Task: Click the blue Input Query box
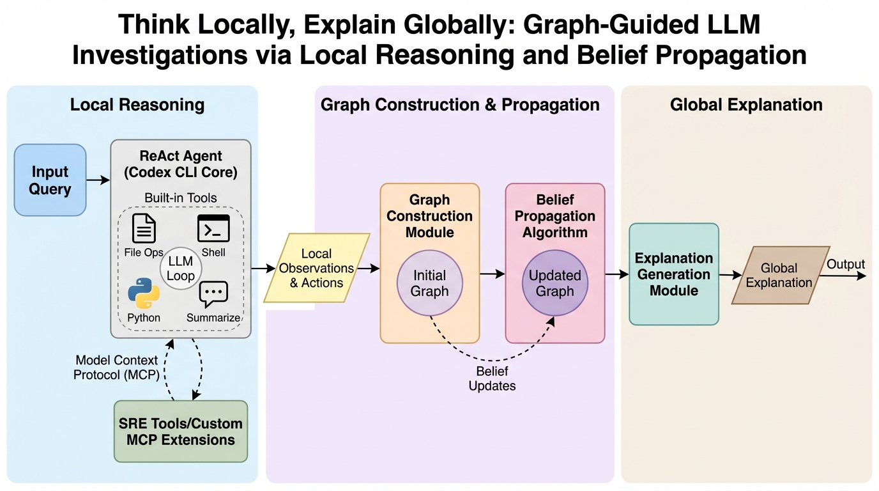point(50,180)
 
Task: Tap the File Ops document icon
point(144,229)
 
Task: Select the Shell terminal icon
point(213,229)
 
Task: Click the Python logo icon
point(144,293)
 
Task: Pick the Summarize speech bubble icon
point(213,295)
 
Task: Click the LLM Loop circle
point(181,269)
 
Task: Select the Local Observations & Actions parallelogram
point(317,269)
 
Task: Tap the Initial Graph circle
point(430,284)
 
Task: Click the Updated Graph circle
point(554,284)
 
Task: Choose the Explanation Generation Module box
point(674,274)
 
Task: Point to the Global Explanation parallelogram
point(779,275)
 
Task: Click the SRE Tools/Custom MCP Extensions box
point(181,432)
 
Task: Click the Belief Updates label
point(492,378)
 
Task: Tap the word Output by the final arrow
point(846,264)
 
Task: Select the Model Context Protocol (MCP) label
point(116,368)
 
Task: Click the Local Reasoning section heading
point(137,105)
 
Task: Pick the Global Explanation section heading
point(746,105)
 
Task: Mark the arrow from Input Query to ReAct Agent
point(98,180)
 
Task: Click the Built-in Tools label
point(181,198)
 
